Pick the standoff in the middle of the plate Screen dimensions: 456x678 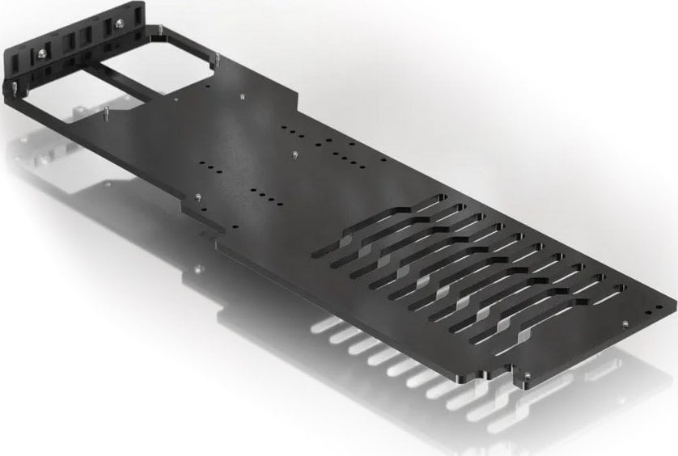point(296,152)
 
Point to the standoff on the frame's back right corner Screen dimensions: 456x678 point(217,58)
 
